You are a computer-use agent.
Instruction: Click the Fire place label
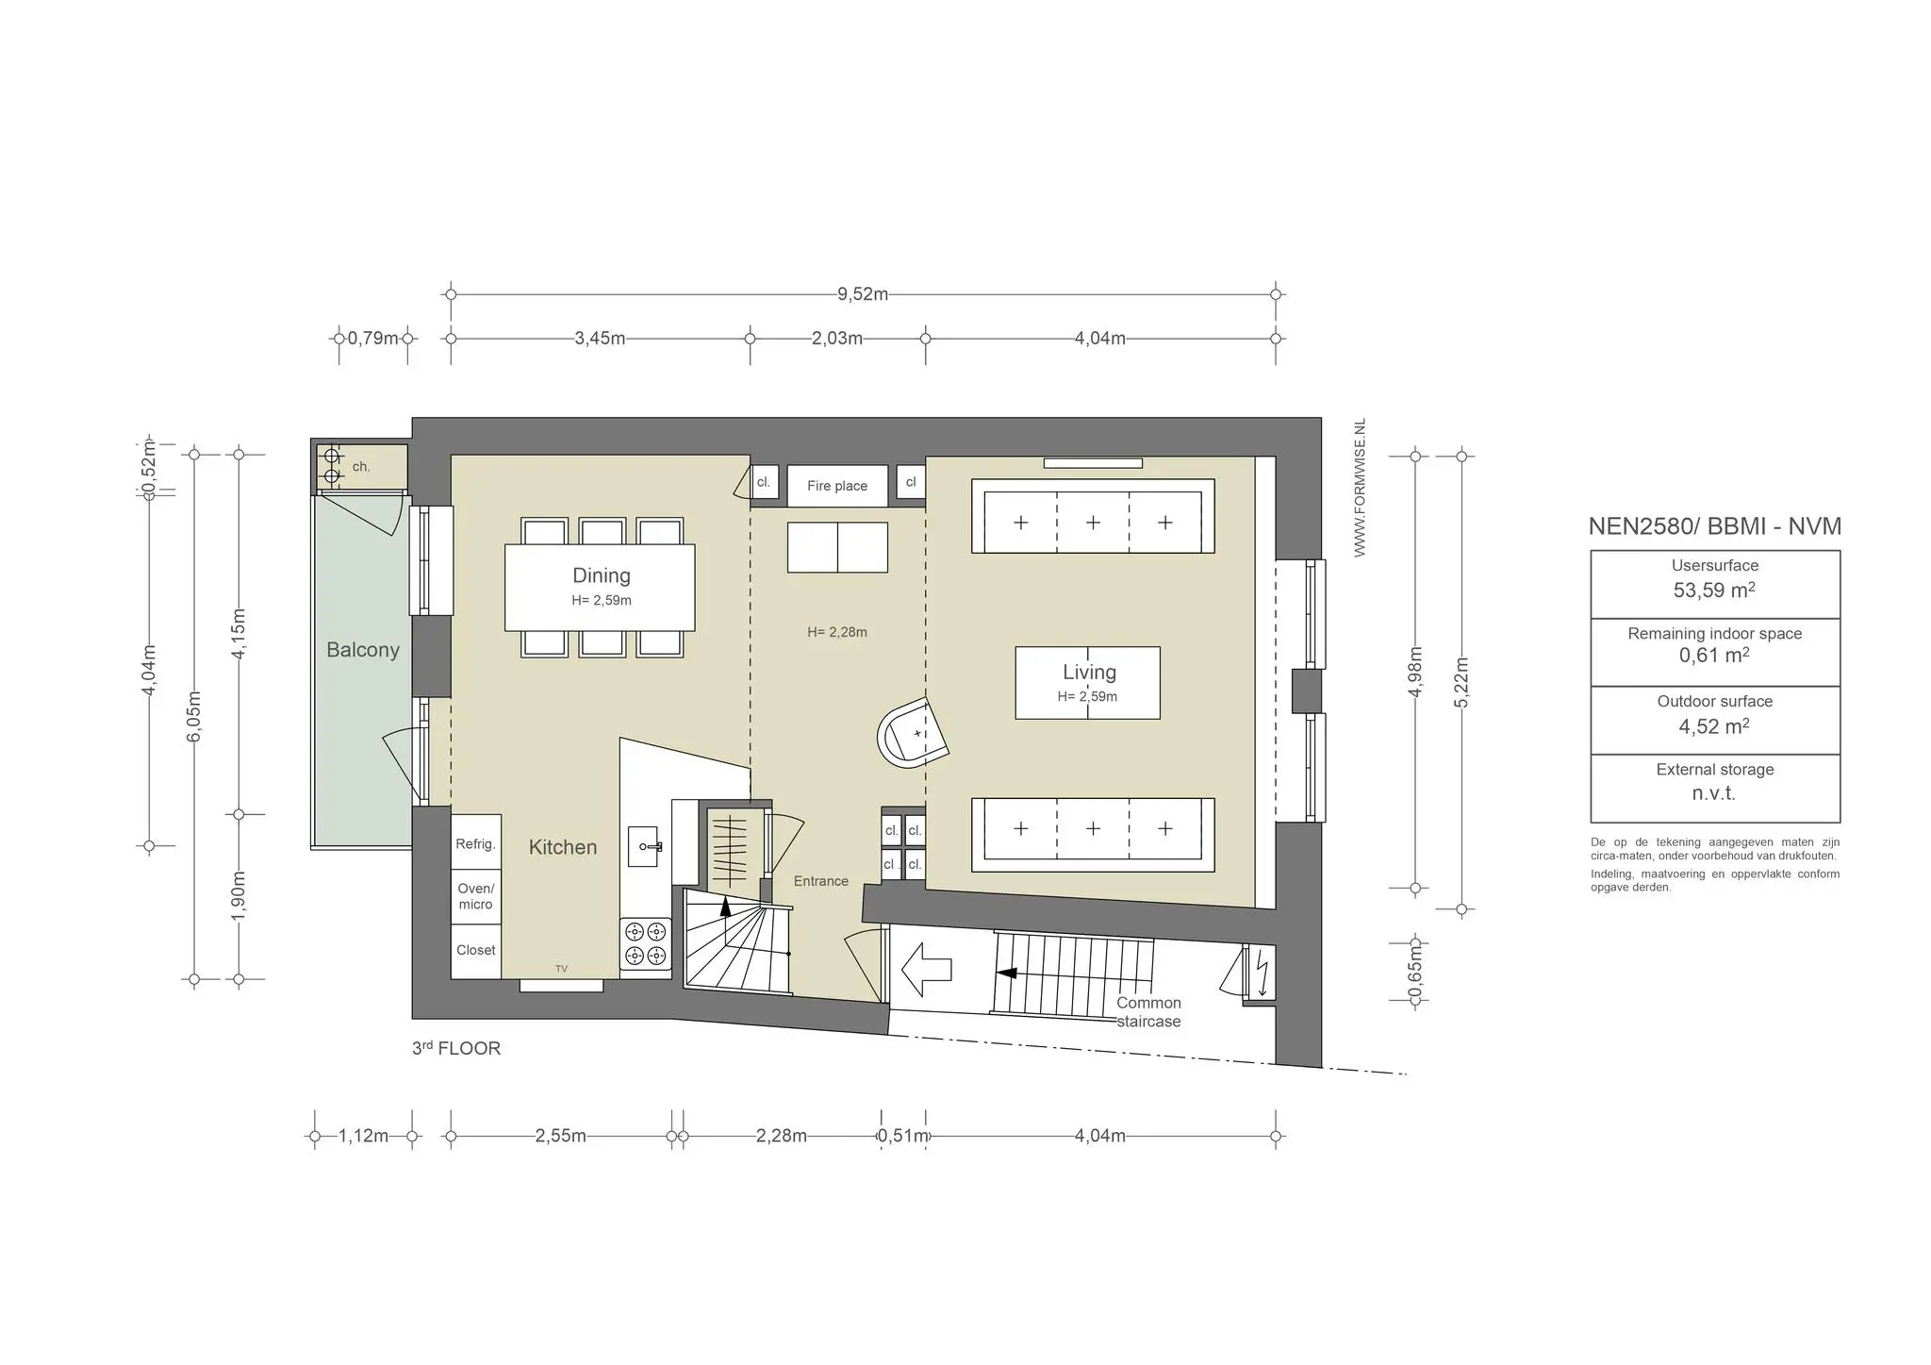tap(836, 486)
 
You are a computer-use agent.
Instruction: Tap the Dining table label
tap(601, 575)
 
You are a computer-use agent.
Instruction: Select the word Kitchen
tap(562, 847)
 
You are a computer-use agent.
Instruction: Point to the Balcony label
tap(363, 650)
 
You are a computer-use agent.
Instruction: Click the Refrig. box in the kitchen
tap(475, 842)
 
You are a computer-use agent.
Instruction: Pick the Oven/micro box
tap(475, 897)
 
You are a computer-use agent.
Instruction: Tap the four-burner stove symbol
tap(646, 943)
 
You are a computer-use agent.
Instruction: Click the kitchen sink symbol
tap(646, 846)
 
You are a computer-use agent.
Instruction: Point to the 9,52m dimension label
tap(863, 294)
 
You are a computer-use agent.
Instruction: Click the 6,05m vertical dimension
tap(194, 717)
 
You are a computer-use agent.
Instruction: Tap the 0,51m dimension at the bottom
tap(903, 1136)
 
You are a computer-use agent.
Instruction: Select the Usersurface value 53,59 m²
tap(1714, 591)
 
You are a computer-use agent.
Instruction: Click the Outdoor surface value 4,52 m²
tap(1714, 726)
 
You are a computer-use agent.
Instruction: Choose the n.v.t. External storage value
tap(1713, 793)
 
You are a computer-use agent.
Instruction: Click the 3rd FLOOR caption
tap(455, 1048)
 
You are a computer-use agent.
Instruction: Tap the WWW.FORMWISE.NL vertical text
tap(1360, 488)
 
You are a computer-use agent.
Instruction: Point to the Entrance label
tap(820, 881)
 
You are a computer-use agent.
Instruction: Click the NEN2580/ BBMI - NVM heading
tap(1714, 526)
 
